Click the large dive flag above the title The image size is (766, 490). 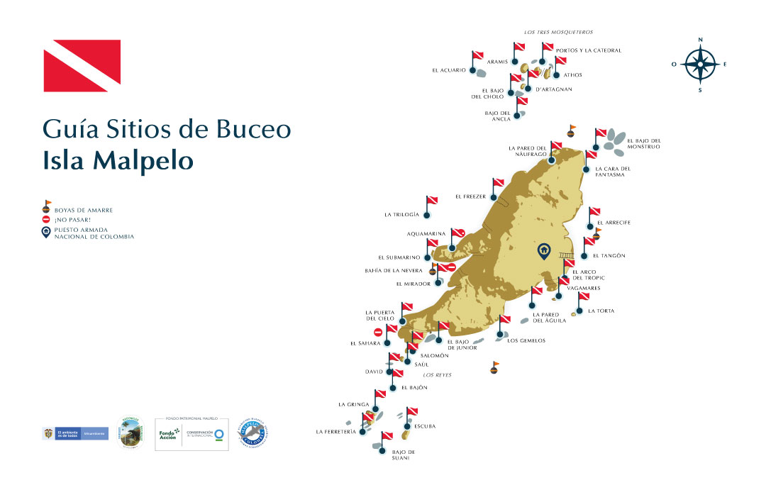[x=82, y=66]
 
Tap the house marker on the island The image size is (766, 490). [x=543, y=250]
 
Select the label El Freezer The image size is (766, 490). [x=470, y=196]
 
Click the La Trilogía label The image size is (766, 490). [x=401, y=214]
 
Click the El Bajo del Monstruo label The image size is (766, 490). [x=644, y=143]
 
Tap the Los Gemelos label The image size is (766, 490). [x=526, y=340]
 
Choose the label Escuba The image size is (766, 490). [x=423, y=426]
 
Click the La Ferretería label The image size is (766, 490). [x=335, y=431]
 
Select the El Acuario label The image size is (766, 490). [x=449, y=70]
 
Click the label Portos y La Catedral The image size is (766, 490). [x=589, y=50]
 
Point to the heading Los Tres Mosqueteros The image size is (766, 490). [x=558, y=32]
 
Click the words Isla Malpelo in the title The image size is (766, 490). [x=118, y=160]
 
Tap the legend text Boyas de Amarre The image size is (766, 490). [x=84, y=210]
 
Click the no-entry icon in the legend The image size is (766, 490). [x=47, y=220]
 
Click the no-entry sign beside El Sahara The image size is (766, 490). [x=379, y=332]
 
